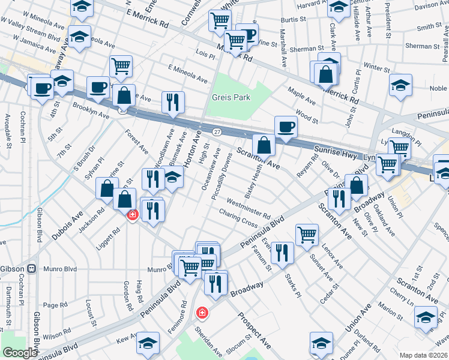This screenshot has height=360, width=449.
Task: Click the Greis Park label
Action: click(x=231, y=97)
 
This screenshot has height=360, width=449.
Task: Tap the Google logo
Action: click(x=20, y=353)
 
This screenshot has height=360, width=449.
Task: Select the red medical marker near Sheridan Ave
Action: click(x=202, y=313)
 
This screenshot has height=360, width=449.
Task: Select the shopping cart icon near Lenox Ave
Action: click(x=307, y=235)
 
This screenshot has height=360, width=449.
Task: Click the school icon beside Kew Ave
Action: click(x=147, y=344)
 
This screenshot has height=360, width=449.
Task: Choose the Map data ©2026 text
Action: click(x=424, y=355)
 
